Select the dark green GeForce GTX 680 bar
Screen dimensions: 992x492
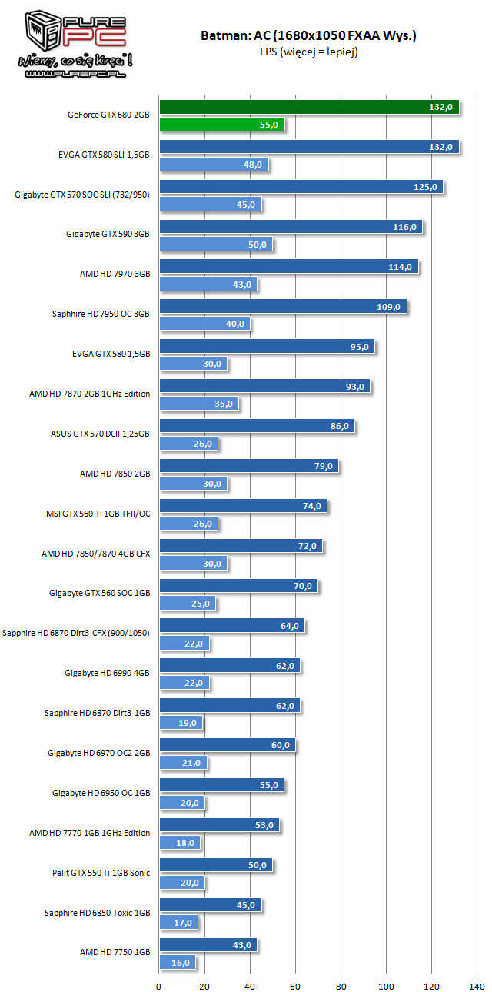click(x=308, y=107)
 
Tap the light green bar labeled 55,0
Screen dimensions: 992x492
click(x=221, y=125)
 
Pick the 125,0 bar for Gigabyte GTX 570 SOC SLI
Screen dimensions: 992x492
click(x=301, y=187)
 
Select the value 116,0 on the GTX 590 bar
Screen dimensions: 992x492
click(x=404, y=227)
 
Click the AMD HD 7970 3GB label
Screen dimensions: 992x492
click(x=115, y=275)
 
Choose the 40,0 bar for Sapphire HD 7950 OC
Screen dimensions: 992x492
click(x=204, y=324)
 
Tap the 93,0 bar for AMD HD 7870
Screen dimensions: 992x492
click(x=264, y=386)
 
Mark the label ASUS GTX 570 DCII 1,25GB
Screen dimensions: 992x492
click(x=100, y=434)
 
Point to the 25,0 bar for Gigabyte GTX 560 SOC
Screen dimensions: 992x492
click(x=187, y=604)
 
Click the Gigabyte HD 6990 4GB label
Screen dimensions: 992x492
click(x=107, y=674)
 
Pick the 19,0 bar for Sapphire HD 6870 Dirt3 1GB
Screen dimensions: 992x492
click(x=181, y=723)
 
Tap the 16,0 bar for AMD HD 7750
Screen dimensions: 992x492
click(x=177, y=962)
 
